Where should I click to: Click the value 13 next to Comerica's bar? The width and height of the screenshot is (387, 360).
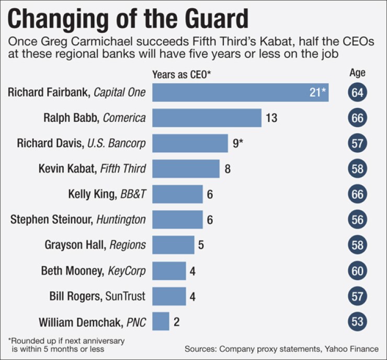[271, 118]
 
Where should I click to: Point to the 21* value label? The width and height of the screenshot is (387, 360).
[317, 93]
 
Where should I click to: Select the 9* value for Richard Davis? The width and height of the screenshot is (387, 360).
[239, 143]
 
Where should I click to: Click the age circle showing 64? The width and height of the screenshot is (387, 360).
[357, 93]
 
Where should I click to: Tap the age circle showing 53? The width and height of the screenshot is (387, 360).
[357, 321]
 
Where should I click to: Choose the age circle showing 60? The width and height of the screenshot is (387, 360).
[357, 271]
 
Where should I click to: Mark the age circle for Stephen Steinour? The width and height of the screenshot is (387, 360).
[357, 219]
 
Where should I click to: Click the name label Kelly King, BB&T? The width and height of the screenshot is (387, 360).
[107, 194]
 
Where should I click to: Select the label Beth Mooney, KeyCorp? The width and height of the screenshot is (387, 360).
[93, 271]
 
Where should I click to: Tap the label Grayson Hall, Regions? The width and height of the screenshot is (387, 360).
[95, 245]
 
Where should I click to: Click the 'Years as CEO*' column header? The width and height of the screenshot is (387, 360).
[181, 74]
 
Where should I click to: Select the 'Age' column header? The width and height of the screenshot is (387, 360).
[357, 73]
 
